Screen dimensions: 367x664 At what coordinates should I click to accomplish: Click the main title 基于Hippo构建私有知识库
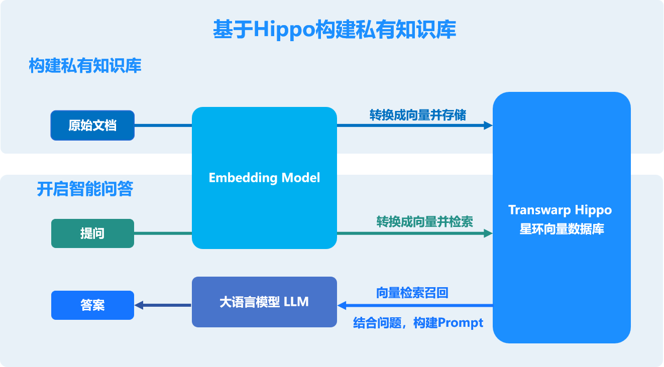(334, 30)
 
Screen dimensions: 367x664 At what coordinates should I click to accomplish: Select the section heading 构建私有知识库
(85, 66)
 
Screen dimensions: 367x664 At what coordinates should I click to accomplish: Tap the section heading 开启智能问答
(85, 189)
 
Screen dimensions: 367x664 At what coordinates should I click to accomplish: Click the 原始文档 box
(92, 125)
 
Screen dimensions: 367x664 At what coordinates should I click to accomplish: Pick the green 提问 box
(92, 233)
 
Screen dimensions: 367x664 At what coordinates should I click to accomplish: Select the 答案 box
(92, 305)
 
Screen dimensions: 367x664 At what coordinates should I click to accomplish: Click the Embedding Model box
(264, 178)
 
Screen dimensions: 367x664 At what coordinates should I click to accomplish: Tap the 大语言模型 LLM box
(264, 302)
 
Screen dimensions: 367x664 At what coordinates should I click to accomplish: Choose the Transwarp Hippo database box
(562, 217)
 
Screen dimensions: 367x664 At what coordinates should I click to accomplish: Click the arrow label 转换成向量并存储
(418, 115)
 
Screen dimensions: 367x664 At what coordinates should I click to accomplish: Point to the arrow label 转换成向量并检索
(425, 221)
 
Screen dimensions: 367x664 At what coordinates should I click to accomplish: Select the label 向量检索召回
(412, 293)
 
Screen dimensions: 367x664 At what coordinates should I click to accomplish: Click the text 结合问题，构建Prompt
(418, 323)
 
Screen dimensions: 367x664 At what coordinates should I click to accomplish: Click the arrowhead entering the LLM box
(342, 305)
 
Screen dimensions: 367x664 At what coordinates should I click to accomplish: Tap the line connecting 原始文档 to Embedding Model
(163, 125)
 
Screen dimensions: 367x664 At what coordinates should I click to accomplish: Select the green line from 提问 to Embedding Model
(163, 233)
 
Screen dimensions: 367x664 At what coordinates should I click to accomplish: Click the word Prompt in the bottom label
(461, 323)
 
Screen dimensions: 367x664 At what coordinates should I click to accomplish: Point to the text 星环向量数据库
(562, 229)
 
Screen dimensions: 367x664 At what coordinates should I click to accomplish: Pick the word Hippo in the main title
(284, 30)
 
